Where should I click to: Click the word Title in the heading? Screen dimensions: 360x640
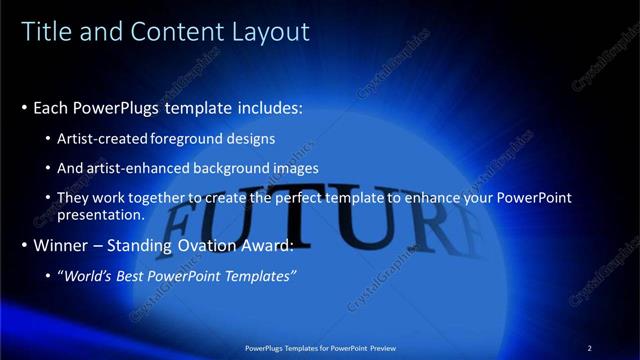44,33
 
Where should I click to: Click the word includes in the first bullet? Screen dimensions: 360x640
267,107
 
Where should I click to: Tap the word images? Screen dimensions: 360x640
295,168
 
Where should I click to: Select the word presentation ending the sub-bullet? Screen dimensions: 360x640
101,214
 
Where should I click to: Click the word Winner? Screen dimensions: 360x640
59,245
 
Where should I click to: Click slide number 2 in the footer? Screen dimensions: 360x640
590,347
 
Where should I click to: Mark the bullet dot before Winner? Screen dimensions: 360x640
24,245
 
